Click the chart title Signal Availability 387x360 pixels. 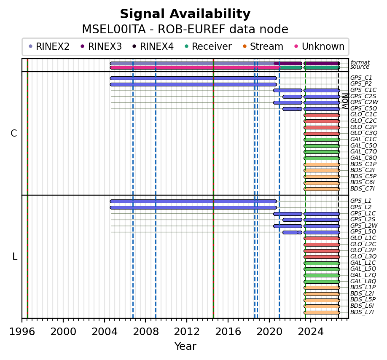(x=185, y=14)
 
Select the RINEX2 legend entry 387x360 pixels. (x=49, y=46)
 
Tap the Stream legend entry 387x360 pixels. (x=263, y=46)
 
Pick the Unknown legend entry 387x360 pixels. (x=320, y=46)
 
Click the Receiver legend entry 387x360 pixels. (x=208, y=46)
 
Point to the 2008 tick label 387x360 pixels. (x=145, y=332)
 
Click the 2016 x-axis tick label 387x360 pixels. (x=228, y=332)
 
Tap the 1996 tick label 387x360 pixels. (x=22, y=332)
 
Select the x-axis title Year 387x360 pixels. (x=185, y=347)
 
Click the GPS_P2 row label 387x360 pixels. (x=361, y=84)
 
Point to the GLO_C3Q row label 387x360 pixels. (x=363, y=133)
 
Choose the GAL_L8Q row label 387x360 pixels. (x=363, y=281)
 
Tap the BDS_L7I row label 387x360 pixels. (x=362, y=312)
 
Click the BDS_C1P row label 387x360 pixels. (x=363, y=164)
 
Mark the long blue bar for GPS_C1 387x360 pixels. (x=193, y=78)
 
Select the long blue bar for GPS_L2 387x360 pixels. (x=193, y=207)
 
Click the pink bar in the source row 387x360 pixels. (x=195, y=67)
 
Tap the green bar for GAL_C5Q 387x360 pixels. (x=322, y=146)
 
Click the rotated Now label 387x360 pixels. (x=345, y=101)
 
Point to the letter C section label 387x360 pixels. (x=14, y=134)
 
